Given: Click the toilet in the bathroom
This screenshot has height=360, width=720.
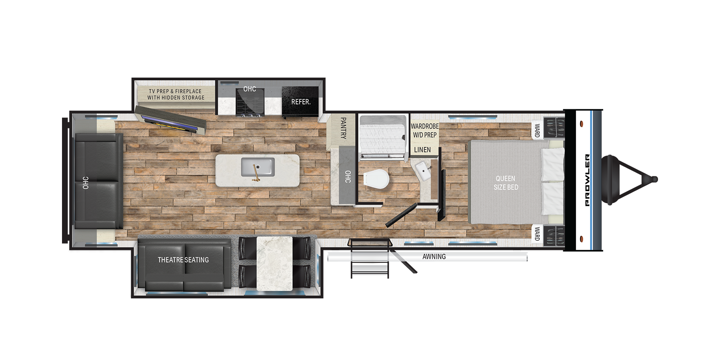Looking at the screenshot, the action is click(376, 179).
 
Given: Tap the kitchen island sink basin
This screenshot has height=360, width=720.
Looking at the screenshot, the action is click(258, 167).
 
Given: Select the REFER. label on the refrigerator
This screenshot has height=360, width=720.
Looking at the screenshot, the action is click(301, 102).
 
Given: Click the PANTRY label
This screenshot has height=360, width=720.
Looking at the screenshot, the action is click(343, 128).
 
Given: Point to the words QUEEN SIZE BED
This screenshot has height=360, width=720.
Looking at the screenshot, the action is click(506, 183).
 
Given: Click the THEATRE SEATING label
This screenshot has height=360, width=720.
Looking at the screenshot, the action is click(183, 260).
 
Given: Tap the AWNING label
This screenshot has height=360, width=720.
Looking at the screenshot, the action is click(434, 256).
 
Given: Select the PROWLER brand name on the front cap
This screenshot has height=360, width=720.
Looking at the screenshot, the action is click(587, 180).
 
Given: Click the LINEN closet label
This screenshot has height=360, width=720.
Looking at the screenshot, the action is click(422, 150).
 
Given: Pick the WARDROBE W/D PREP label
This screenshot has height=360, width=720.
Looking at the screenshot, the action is click(425, 130).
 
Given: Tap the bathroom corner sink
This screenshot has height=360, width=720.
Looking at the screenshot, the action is click(423, 171).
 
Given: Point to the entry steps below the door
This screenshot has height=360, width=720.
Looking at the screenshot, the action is click(370, 258).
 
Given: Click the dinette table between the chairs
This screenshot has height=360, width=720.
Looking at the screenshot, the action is click(274, 264).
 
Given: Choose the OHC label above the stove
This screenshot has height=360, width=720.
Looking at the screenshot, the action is click(250, 89).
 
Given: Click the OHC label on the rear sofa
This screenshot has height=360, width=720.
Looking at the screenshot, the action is click(86, 183).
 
